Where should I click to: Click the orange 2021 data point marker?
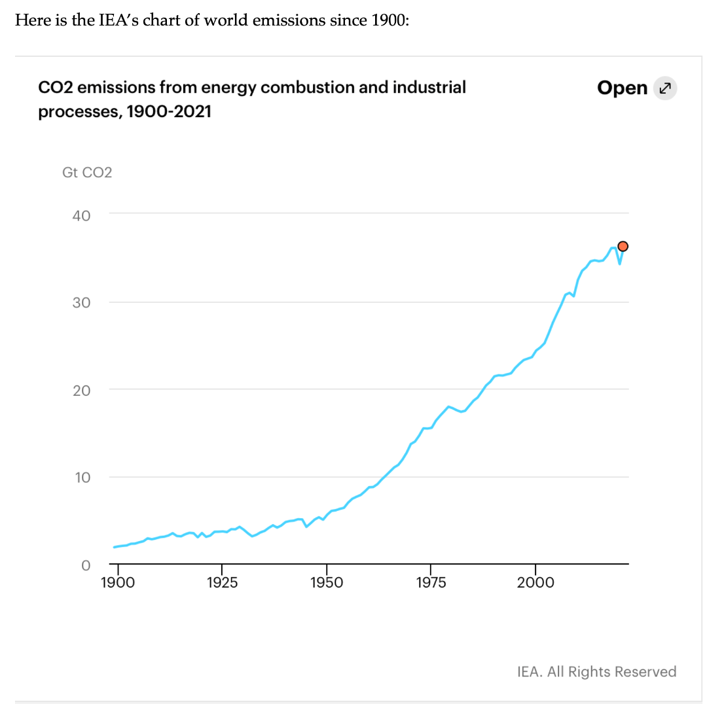point(623,246)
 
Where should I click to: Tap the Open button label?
point(622,88)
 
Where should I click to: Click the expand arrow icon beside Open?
point(665,88)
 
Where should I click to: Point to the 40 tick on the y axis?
point(81,215)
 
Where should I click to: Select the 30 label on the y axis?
point(81,303)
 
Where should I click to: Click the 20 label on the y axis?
point(81,390)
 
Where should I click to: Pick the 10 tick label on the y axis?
point(81,478)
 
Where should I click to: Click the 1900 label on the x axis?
point(118,582)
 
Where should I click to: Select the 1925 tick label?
point(222,582)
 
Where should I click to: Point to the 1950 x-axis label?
point(327,582)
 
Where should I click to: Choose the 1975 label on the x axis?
point(431,582)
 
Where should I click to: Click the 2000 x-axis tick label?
point(535,582)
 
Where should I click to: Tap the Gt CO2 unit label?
point(87,173)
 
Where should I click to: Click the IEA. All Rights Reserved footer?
point(596,671)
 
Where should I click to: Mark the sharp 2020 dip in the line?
point(619,263)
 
